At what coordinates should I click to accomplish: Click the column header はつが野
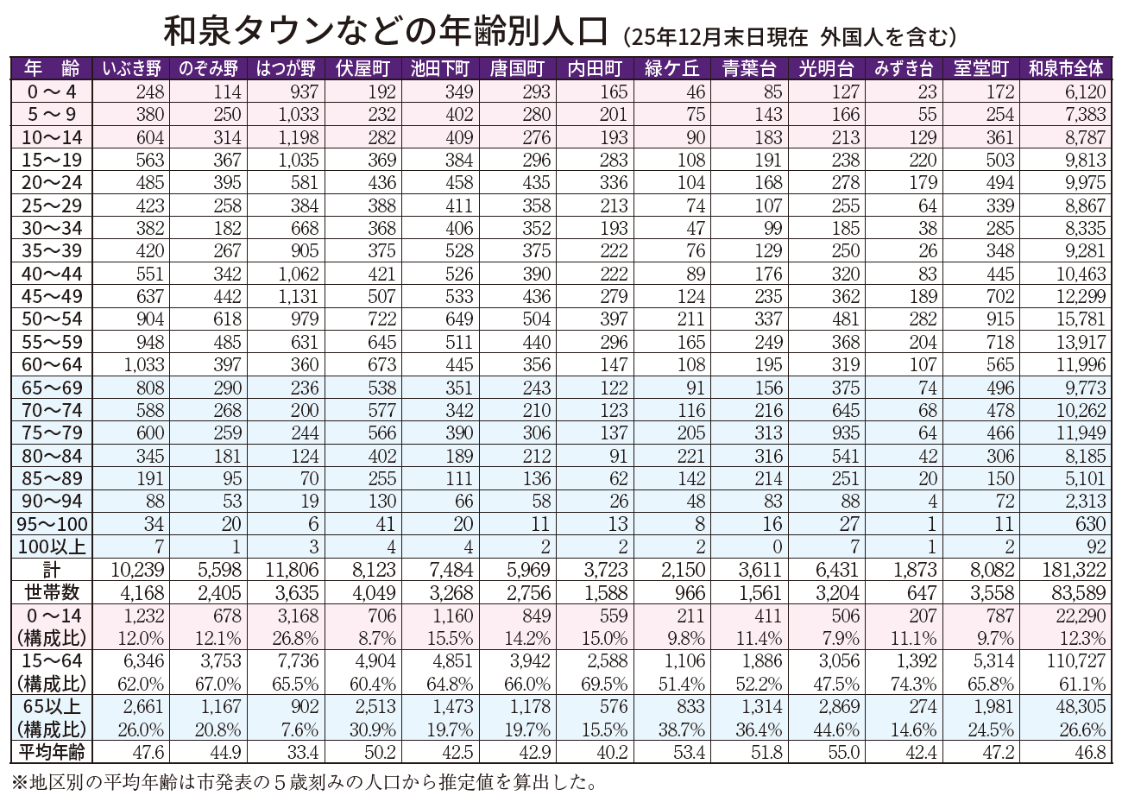(285, 68)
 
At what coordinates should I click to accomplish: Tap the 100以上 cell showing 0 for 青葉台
(777, 547)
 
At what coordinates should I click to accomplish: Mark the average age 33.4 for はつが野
(302, 752)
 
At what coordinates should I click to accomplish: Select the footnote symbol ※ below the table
(19, 784)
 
